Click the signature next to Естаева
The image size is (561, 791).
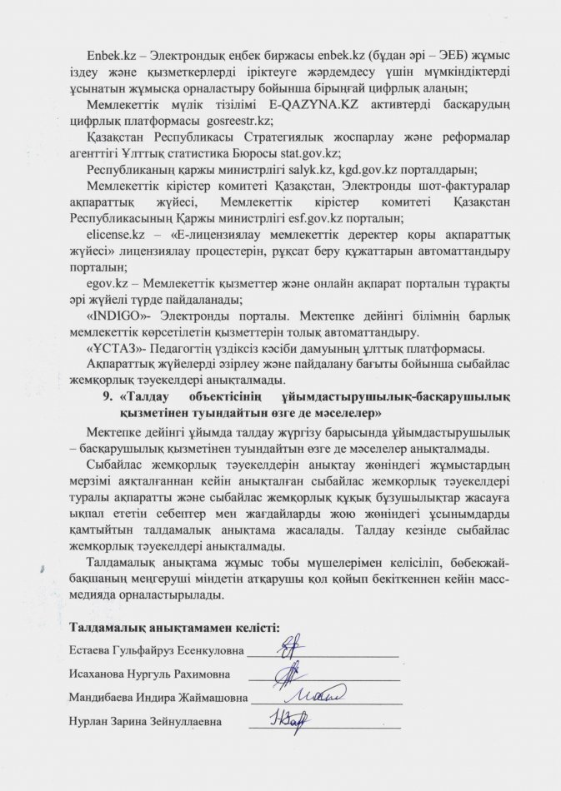point(289,644)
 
